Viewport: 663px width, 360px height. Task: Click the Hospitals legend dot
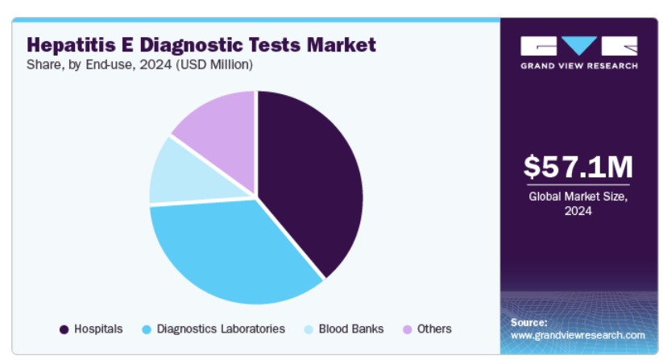coord(64,329)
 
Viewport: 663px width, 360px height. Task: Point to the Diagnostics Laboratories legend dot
coord(147,329)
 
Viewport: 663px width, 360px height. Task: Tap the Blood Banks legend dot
coord(309,329)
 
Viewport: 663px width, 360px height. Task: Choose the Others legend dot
coord(407,329)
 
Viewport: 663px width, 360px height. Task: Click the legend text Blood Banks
coord(351,329)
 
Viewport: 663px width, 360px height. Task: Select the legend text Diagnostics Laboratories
coord(221,329)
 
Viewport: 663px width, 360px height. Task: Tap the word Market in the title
coord(342,45)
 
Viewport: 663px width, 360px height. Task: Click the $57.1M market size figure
coord(578,167)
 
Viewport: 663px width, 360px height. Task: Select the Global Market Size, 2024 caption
coord(578,204)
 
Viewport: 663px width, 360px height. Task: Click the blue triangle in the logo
coord(579,45)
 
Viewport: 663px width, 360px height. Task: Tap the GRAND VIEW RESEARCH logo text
coord(579,66)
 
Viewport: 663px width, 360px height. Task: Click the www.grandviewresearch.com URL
coord(578,336)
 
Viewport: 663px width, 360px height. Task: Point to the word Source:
coord(529,322)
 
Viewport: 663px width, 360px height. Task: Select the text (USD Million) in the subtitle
coord(214,64)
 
